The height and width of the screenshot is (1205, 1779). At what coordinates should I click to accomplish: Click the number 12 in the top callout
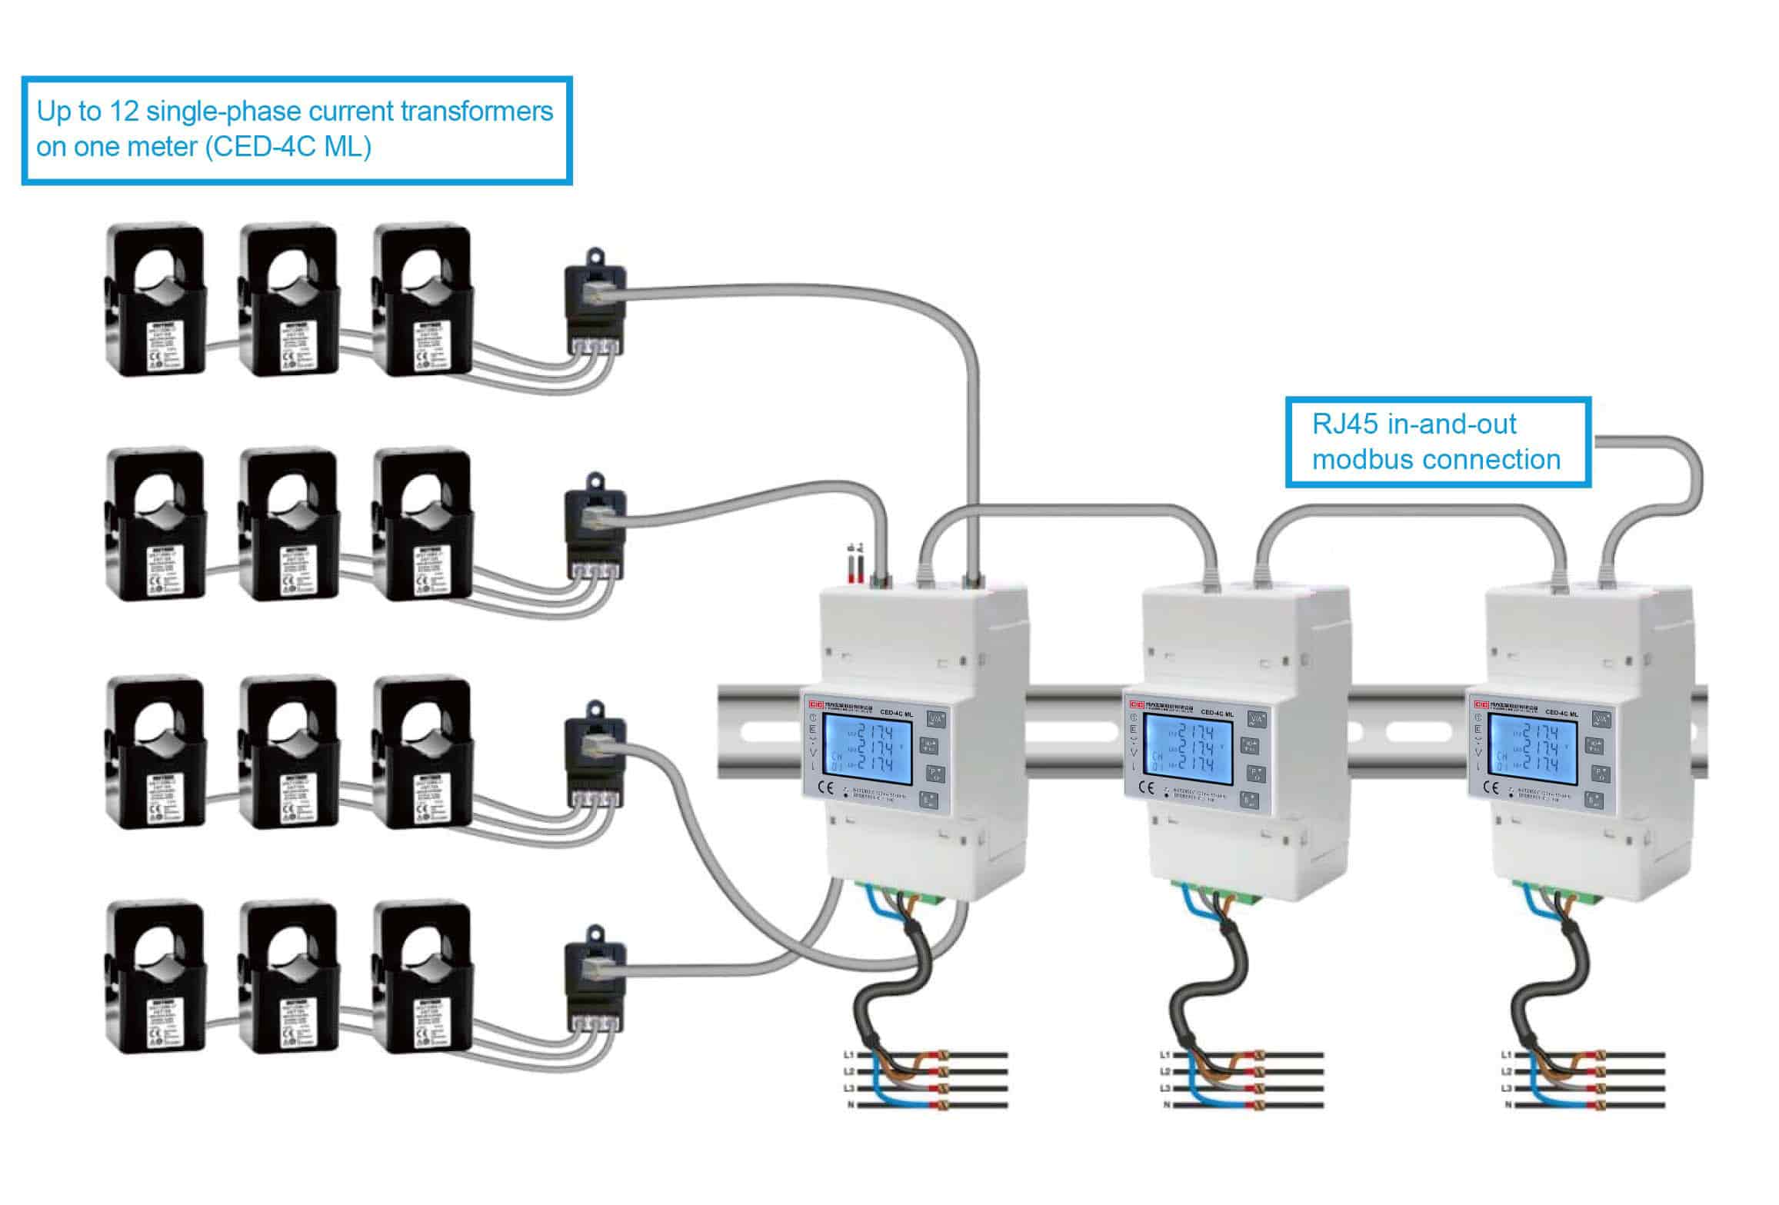[x=124, y=112]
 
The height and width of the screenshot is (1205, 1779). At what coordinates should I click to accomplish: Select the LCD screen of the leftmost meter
[x=868, y=747]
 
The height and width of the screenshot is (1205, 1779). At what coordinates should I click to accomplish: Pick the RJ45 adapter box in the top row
[x=595, y=302]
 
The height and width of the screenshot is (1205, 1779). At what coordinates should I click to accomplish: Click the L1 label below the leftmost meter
[x=848, y=1054]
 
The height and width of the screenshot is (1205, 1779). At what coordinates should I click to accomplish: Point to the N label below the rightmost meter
[x=1507, y=1105]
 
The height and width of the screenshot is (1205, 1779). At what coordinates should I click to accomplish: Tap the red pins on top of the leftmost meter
[x=855, y=569]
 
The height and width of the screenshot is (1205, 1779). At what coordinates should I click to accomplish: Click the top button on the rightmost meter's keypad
[x=1601, y=720]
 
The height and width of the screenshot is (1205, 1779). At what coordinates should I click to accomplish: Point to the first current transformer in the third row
[x=156, y=751]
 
